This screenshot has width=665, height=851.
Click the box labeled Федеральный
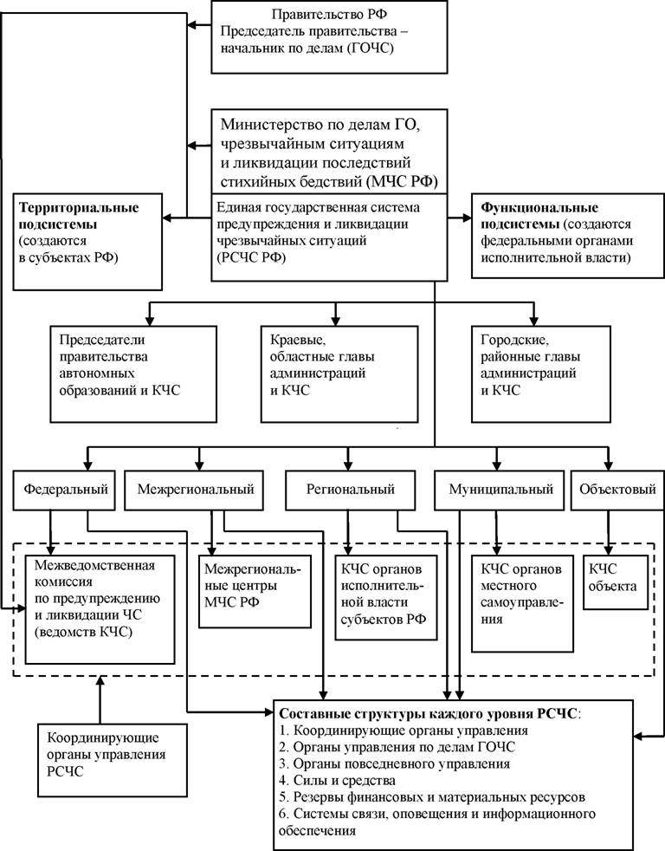[64, 490]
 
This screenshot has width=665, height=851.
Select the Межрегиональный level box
[196, 490]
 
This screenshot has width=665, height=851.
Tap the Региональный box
[351, 490]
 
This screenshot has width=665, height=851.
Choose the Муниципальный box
[500, 490]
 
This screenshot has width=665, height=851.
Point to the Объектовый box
[617, 490]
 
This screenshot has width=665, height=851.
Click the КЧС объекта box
[616, 581]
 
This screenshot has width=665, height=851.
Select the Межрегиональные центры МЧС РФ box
[255, 591]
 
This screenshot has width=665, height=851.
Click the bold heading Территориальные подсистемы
[79, 216]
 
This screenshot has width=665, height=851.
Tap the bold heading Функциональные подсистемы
[539, 216]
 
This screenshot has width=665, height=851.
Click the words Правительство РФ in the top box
[329, 14]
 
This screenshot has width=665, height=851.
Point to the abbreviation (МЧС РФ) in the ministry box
[403, 181]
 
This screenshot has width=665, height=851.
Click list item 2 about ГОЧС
[397, 747]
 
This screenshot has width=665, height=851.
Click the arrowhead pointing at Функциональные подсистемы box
[467, 218]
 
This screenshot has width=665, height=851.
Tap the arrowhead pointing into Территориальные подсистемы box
[167, 218]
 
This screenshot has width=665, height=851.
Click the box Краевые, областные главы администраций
[339, 374]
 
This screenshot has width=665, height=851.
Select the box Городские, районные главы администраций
[541, 374]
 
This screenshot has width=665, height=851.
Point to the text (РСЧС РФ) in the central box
[251, 257]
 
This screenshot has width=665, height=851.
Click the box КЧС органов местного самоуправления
[522, 603]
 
